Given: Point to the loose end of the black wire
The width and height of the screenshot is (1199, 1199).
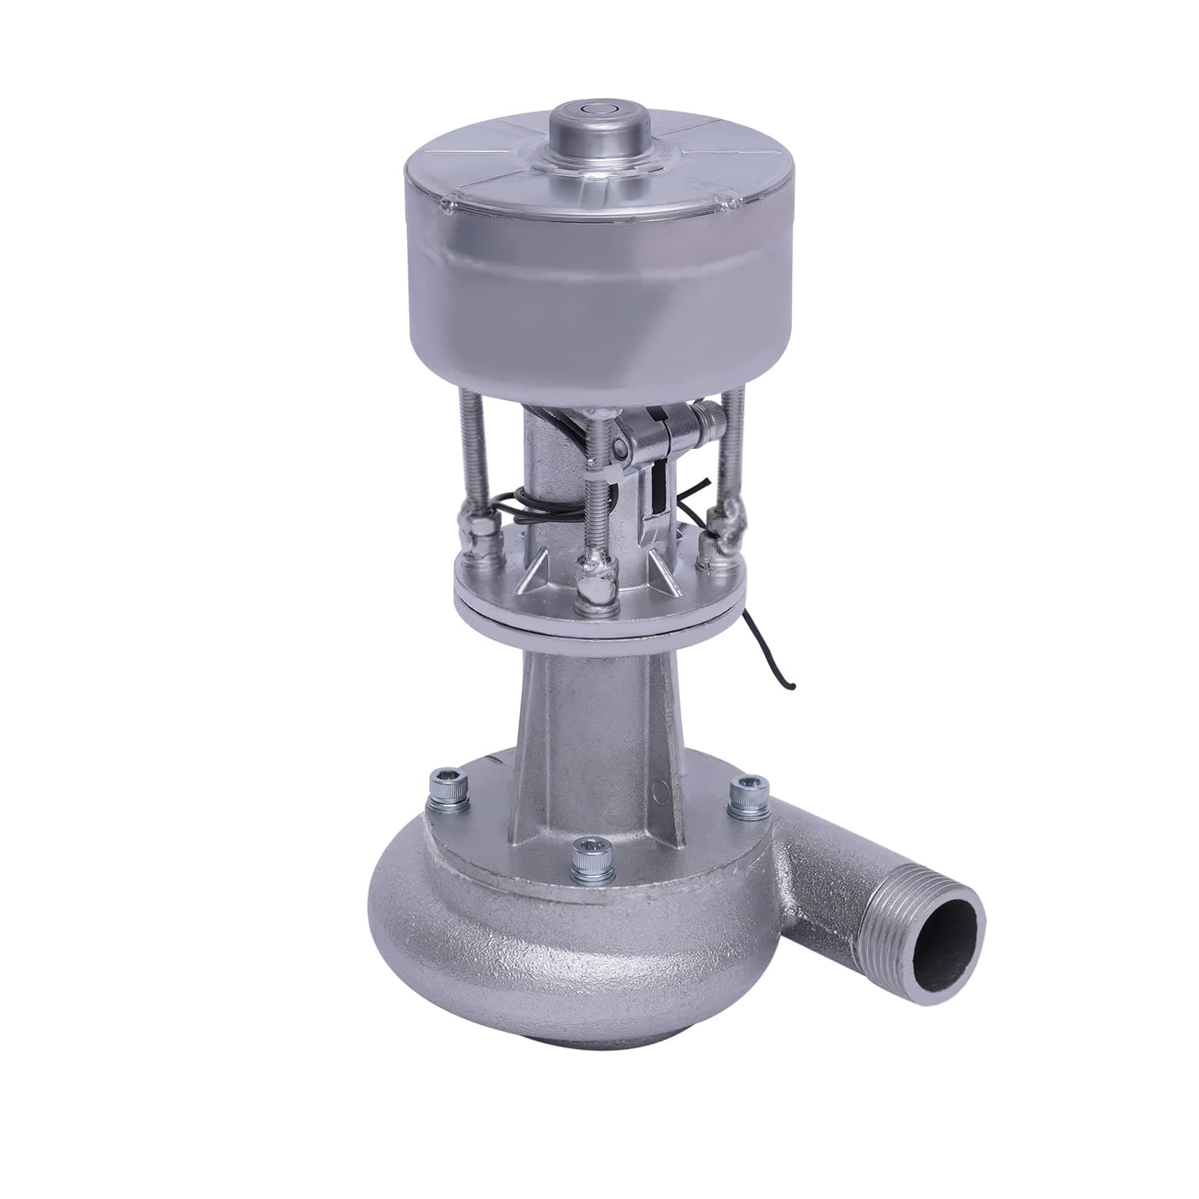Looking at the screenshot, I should click(793, 685).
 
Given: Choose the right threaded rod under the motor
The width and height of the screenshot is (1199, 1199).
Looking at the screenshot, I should click(735, 457).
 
